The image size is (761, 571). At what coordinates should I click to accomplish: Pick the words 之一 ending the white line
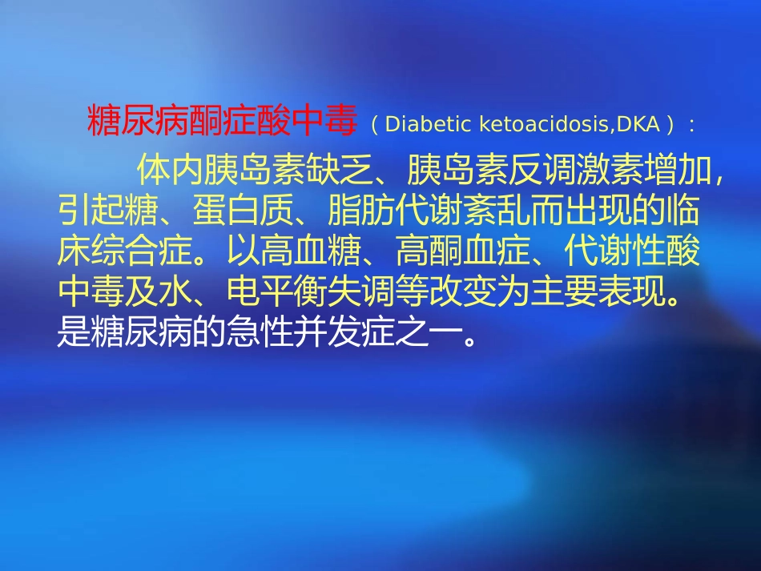444,334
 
